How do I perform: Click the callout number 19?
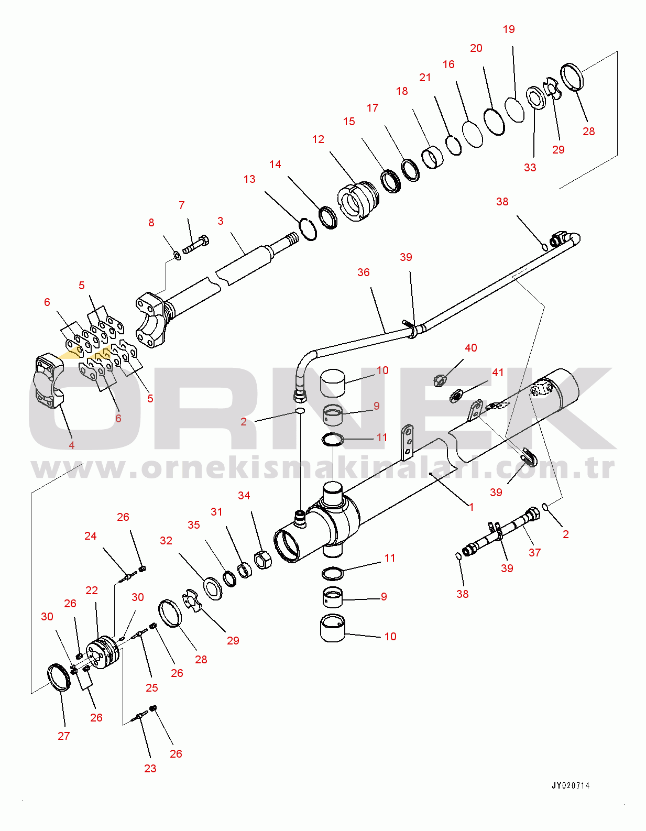pyautogui.click(x=509, y=29)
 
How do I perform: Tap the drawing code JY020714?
pyautogui.click(x=571, y=785)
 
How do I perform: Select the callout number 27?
pyautogui.click(x=64, y=736)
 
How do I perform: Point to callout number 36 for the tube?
pyautogui.click(x=364, y=272)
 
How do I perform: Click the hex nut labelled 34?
pyautogui.click(x=262, y=560)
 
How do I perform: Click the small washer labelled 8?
pyautogui.click(x=177, y=256)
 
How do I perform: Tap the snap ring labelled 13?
pyautogui.click(x=309, y=229)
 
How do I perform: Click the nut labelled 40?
pyautogui.click(x=440, y=380)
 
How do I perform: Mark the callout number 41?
pyautogui.click(x=498, y=373)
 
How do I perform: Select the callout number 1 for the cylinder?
pyautogui.click(x=471, y=507)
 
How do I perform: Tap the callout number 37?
pyautogui.click(x=534, y=553)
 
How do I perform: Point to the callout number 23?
pyautogui.click(x=150, y=769)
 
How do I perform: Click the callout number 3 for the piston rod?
pyautogui.click(x=221, y=221)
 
